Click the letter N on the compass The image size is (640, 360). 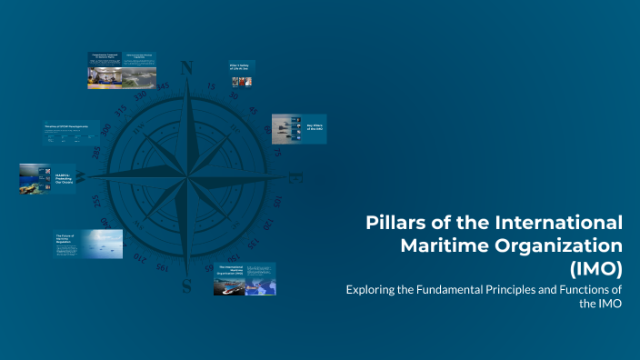pos(188,68)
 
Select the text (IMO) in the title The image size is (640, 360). pos(596,268)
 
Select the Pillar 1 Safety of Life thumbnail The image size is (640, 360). pos(240,73)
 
